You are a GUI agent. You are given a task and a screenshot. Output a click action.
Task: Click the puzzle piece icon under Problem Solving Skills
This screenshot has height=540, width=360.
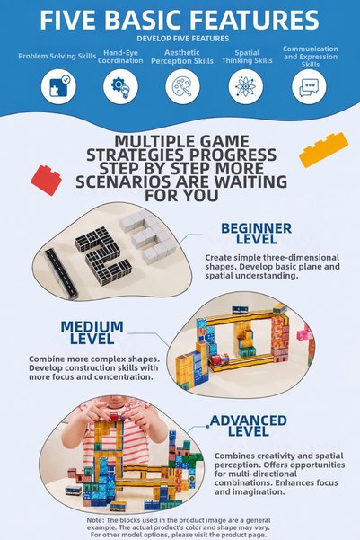(x=58, y=86)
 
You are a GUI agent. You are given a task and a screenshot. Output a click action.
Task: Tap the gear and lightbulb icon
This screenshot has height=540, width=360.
(x=120, y=86)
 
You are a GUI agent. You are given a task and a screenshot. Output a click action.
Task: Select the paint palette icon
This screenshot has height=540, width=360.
(x=182, y=86)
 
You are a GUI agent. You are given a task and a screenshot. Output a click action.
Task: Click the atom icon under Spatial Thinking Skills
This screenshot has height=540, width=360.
(x=245, y=86)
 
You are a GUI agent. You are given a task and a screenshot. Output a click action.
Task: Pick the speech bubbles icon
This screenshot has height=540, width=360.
(x=309, y=87)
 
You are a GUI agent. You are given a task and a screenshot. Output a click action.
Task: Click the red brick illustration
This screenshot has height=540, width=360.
(x=46, y=180)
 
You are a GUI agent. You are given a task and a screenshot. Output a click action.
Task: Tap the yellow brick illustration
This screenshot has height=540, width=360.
(x=323, y=149)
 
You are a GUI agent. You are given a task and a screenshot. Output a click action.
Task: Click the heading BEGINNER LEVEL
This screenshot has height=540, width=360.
(x=257, y=234)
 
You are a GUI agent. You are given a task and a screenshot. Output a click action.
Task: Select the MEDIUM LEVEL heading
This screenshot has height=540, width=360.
(x=92, y=332)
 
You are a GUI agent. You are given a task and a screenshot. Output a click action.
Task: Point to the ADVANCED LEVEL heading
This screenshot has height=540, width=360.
(x=249, y=426)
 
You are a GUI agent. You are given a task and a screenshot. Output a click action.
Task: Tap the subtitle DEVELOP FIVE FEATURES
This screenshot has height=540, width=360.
(x=183, y=39)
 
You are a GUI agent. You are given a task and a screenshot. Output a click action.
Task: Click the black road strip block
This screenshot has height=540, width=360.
(x=61, y=273)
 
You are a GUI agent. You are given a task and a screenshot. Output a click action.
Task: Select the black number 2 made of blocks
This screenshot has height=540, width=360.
(x=103, y=255)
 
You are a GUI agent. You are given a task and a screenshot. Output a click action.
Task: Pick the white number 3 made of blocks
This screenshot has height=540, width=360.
(x=149, y=236)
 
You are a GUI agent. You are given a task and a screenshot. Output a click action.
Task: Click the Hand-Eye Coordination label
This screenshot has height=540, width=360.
(x=120, y=57)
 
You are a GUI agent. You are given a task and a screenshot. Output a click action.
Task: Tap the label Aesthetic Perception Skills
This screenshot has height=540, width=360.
(x=182, y=57)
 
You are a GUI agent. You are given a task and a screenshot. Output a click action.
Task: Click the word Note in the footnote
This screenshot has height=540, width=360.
(x=95, y=520)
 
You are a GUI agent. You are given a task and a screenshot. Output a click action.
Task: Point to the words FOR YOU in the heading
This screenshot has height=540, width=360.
(x=181, y=195)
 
